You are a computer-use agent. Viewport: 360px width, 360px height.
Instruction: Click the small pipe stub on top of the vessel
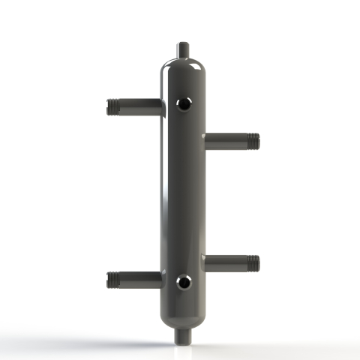[183, 50]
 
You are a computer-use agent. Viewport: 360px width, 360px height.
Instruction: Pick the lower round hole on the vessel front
[184, 283]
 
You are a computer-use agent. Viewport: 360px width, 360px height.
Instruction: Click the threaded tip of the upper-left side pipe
[113, 106]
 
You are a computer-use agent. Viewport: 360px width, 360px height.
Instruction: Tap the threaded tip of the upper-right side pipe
[253, 141]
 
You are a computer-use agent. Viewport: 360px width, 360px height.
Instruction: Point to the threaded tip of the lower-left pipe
[113, 280]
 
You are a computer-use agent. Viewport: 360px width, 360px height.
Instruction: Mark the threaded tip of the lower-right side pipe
[253, 263]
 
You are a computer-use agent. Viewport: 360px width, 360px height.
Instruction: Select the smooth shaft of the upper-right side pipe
[225, 141]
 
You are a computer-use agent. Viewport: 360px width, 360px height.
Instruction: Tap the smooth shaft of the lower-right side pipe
[225, 263]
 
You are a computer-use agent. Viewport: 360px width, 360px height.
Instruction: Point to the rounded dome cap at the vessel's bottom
[183, 315]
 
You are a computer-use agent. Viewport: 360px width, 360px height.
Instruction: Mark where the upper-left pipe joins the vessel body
[160, 107]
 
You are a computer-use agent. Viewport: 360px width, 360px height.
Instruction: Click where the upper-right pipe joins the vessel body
[205, 141]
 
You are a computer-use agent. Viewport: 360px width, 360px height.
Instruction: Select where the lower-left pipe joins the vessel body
[160, 280]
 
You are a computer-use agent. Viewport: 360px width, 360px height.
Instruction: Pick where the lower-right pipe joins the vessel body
[205, 263]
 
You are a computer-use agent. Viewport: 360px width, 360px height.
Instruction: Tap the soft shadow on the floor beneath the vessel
[183, 347]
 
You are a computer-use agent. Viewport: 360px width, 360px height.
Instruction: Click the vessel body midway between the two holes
[184, 193]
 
